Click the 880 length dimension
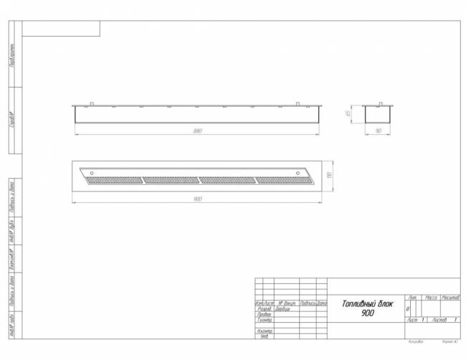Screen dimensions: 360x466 pos(197,131)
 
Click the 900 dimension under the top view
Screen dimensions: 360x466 pos(197,199)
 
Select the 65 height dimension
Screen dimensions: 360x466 pos(348,113)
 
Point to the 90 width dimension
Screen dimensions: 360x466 pos(377,131)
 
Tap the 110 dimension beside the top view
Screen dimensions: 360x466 pos(328,175)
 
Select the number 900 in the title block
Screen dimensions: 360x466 pos(367,313)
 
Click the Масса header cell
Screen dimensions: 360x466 pos(432,296)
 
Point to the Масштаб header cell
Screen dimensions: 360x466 pos(451,296)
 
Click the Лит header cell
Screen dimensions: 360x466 pos(413,296)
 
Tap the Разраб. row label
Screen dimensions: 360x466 pos(264,309)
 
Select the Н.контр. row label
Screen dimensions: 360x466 pos(264,331)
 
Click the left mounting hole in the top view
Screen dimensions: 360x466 pos(91,172)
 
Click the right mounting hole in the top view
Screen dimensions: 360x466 pos(299,173)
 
